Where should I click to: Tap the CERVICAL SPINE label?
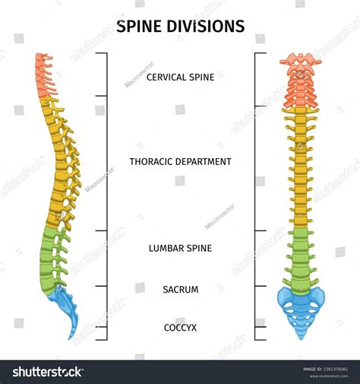[180, 77]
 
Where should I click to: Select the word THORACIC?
[153, 162]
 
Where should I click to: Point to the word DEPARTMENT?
[204, 162]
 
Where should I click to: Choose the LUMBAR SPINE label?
[180, 248]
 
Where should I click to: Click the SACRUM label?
[180, 290]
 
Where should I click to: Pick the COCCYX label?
[180, 328]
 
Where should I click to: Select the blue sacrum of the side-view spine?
[64, 304]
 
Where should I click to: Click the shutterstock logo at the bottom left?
[46, 372]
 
